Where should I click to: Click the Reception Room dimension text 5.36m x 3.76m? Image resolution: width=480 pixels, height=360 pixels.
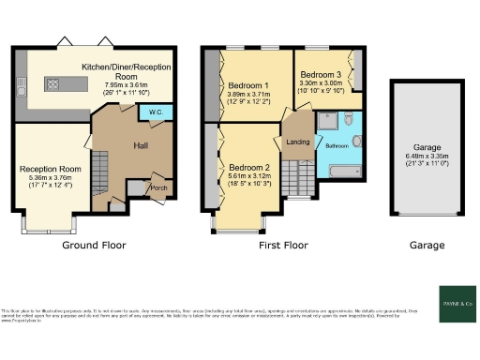tap(52, 179)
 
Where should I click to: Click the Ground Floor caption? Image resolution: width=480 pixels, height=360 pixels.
tap(94, 246)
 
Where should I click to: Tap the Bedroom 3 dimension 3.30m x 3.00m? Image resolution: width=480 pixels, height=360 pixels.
tap(322, 82)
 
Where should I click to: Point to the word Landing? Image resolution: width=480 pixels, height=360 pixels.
tap(297, 142)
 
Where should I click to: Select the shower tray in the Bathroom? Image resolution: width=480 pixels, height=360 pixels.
tap(327, 121)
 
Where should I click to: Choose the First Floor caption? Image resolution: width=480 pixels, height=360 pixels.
tap(282, 246)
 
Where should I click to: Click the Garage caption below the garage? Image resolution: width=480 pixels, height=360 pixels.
tap(427, 246)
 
